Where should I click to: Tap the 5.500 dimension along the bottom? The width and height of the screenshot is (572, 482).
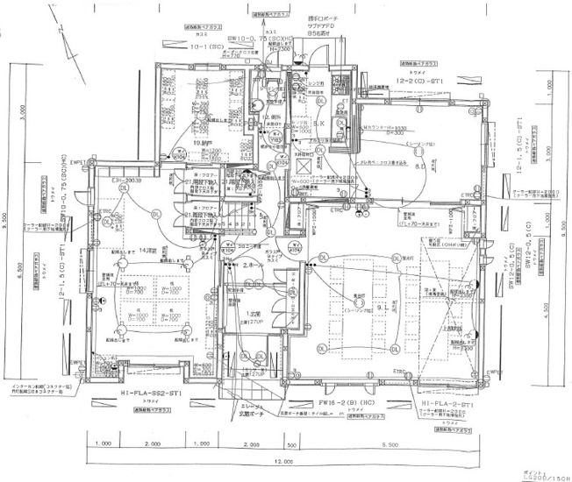pyautogui.click(x=388, y=444)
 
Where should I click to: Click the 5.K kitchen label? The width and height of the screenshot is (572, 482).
pyautogui.click(x=319, y=124)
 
